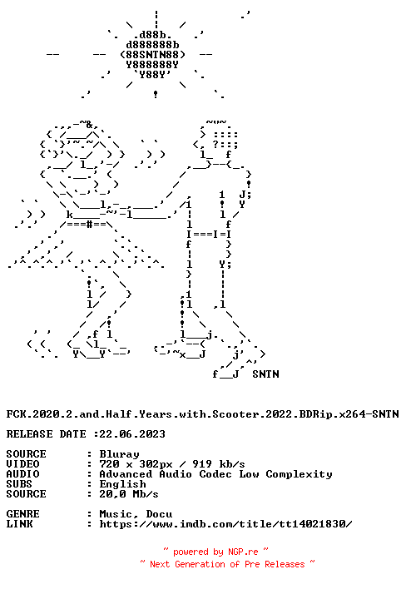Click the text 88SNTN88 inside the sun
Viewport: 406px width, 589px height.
tap(152, 55)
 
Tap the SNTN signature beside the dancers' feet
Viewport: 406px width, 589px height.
tap(265, 374)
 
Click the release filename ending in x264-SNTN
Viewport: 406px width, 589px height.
tap(202, 414)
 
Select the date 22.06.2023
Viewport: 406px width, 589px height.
tap(132, 434)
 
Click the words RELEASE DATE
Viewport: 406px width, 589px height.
tap(47, 434)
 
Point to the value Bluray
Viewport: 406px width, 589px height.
tap(119, 454)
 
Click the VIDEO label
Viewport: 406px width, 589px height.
tap(22, 464)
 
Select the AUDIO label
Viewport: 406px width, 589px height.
tap(22, 474)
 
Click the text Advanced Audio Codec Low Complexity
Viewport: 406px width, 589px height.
tap(215, 474)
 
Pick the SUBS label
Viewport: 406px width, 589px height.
tap(19, 484)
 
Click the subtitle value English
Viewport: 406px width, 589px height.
tap(122, 484)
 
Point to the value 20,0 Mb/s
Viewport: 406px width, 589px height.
tap(129, 494)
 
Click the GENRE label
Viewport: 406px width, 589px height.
tap(22, 514)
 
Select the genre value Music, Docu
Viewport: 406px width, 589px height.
tap(136, 514)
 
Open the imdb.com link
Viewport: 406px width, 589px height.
tap(225, 524)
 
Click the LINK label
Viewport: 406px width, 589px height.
tap(19, 524)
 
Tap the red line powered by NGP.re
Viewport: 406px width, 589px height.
tap(215, 552)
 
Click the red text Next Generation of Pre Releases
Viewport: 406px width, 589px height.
tap(227, 564)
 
